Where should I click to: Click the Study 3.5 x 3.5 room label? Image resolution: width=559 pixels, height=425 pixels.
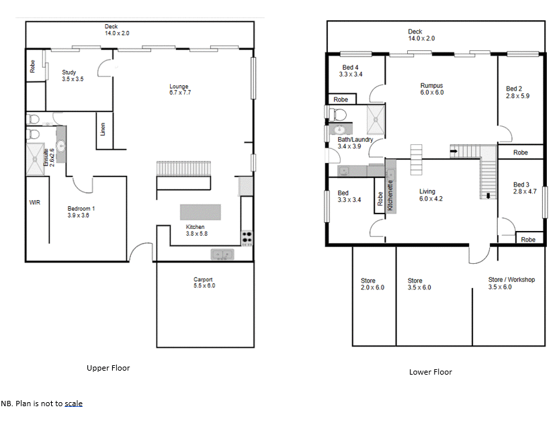69,76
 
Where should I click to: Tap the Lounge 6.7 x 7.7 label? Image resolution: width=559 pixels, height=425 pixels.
179,89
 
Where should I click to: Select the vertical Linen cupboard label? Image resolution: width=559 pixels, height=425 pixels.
103,128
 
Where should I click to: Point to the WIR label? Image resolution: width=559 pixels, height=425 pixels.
35,202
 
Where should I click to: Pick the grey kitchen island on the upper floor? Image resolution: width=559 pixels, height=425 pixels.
200,212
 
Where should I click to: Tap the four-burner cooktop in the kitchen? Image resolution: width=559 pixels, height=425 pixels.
247,237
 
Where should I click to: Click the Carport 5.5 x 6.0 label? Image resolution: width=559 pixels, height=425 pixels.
204,283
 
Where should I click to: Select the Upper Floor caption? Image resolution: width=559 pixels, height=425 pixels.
108,368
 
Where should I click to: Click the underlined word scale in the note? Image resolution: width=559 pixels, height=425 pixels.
73,404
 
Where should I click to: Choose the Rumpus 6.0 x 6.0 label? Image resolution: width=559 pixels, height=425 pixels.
431,89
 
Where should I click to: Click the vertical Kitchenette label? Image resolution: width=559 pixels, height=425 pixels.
390,195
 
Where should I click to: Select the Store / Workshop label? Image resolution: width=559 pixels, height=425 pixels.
511,283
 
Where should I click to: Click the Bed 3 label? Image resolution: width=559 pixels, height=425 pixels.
521,189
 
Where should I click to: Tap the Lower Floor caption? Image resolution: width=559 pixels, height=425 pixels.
431,372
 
